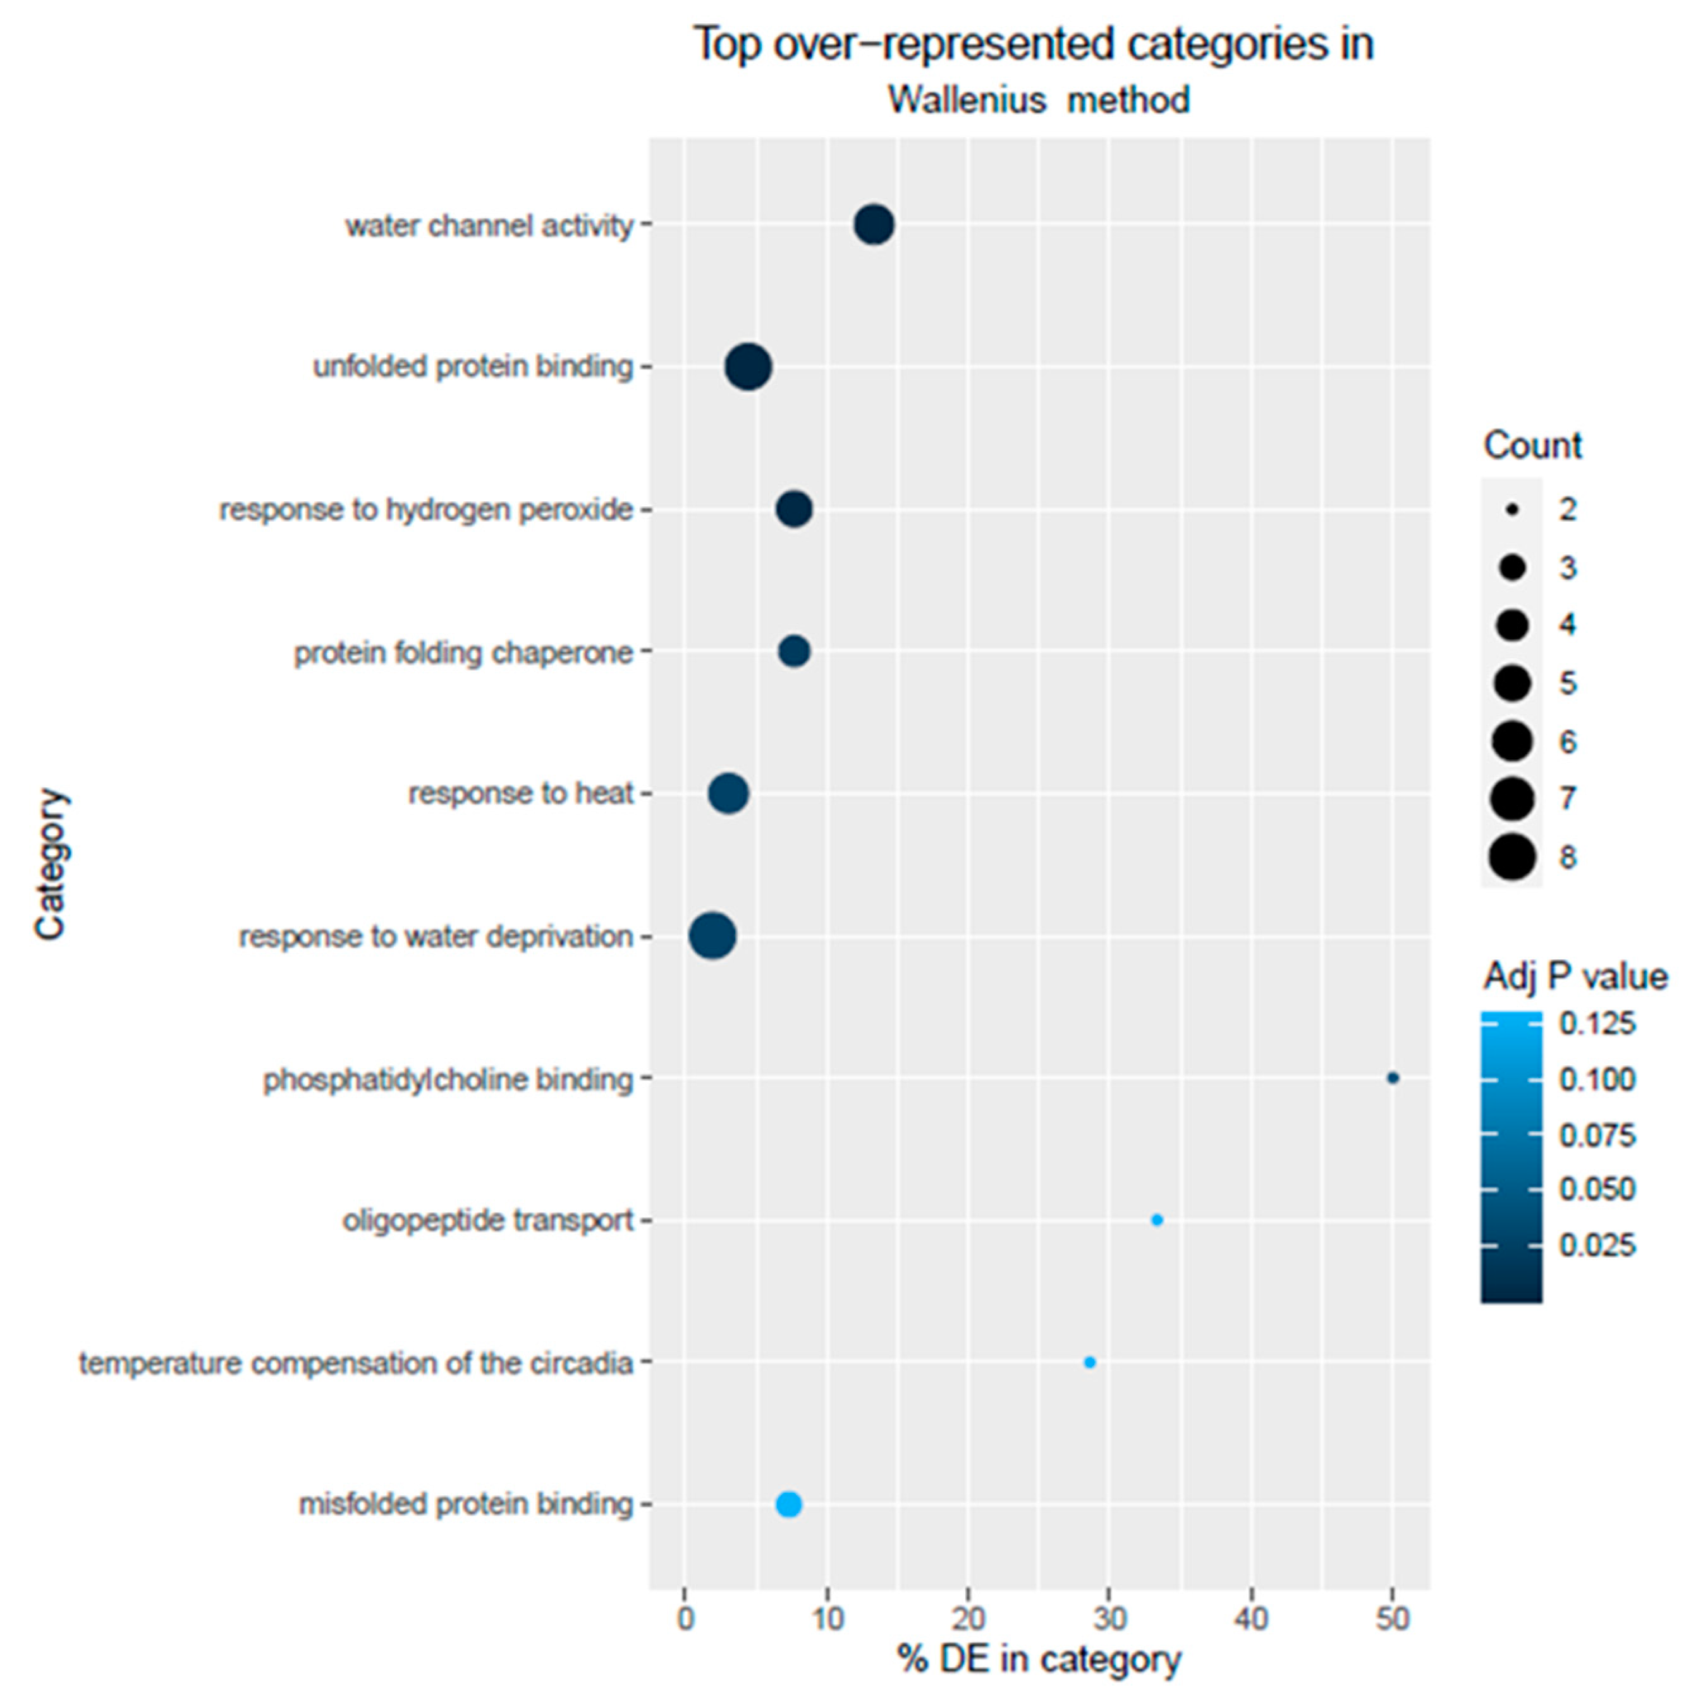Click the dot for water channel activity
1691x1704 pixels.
pos(874,225)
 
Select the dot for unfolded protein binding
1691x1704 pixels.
pos(748,367)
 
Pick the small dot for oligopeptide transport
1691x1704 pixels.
pos(1157,1220)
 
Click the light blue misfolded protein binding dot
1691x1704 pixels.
pos(788,1504)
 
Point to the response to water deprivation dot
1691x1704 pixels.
pos(712,936)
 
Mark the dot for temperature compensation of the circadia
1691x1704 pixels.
pos(1089,1362)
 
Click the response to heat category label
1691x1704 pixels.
pos(520,794)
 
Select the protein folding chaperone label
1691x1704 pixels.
pos(463,653)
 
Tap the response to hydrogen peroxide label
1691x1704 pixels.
pos(426,510)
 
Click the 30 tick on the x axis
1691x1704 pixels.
pos(1109,1619)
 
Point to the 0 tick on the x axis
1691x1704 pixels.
pos(685,1619)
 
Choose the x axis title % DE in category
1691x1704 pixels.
pos(1039,1659)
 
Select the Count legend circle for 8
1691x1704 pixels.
pos(1512,856)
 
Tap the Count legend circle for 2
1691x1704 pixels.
pos(1512,509)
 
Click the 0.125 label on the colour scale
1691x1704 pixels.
pos(1597,1024)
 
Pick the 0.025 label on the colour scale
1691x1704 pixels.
pos(1597,1246)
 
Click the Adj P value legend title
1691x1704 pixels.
pos(1575,976)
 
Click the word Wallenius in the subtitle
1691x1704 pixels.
pos(967,100)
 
